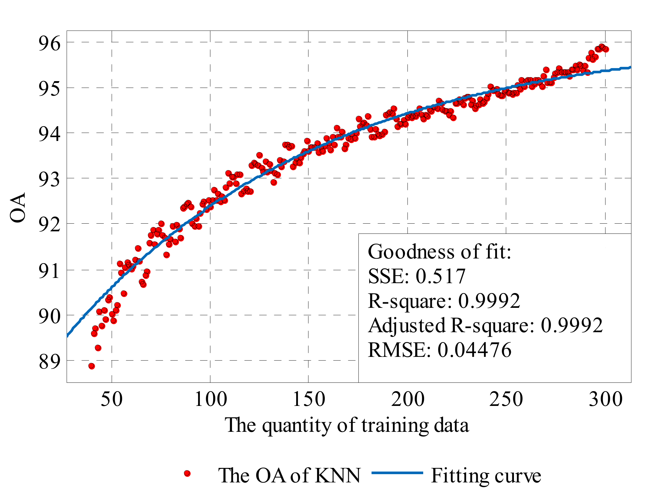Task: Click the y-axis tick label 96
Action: tap(49, 43)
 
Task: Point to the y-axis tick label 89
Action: tap(49, 362)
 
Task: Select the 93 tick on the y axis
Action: tap(49, 180)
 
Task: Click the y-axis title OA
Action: tap(18, 207)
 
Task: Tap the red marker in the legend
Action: tap(187, 473)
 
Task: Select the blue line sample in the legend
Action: tap(397, 473)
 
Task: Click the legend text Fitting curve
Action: tap(486, 476)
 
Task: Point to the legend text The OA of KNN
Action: tap(289, 476)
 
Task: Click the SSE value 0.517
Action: tap(440, 276)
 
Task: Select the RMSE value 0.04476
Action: tap(474, 350)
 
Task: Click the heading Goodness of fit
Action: tap(439, 252)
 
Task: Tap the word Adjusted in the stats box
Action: tap(407, 326)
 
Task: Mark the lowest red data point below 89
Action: tap(92, 366)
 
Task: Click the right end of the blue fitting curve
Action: tap(630, 68)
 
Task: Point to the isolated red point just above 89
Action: tap(98, 348)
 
